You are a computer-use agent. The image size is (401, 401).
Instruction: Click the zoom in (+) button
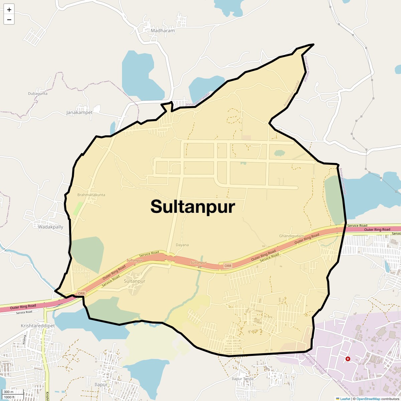point(9,10)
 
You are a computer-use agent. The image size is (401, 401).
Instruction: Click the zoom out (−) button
point(9,20)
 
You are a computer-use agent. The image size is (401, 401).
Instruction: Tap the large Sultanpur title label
point(193,207)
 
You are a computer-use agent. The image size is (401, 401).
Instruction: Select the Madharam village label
point(163,31)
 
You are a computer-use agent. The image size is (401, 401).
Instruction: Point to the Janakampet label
point(79,113)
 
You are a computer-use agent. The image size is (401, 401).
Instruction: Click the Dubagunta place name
point(38,94)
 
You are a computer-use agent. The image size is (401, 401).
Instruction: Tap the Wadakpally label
point(50,227)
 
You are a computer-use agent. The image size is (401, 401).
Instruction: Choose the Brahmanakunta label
point(91,195)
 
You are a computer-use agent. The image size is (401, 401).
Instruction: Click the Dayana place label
point(182,245)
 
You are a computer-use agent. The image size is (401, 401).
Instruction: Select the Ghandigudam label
point(291,236)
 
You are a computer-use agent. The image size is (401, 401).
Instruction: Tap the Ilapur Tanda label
point(243,379)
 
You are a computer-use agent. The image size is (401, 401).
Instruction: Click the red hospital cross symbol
point(348,359)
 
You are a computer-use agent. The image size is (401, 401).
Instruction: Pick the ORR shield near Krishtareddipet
point(81,293)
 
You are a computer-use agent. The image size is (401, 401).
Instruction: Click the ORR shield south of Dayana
point(228,266)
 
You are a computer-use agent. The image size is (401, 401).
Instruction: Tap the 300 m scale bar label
point(9,392)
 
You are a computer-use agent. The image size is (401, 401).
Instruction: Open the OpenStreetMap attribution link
point(368,399)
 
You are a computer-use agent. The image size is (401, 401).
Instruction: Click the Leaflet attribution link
point(345,399)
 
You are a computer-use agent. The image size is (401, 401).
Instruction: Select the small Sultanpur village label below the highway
point(134,281)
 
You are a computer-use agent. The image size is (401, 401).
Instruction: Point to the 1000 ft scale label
point(10,397)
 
